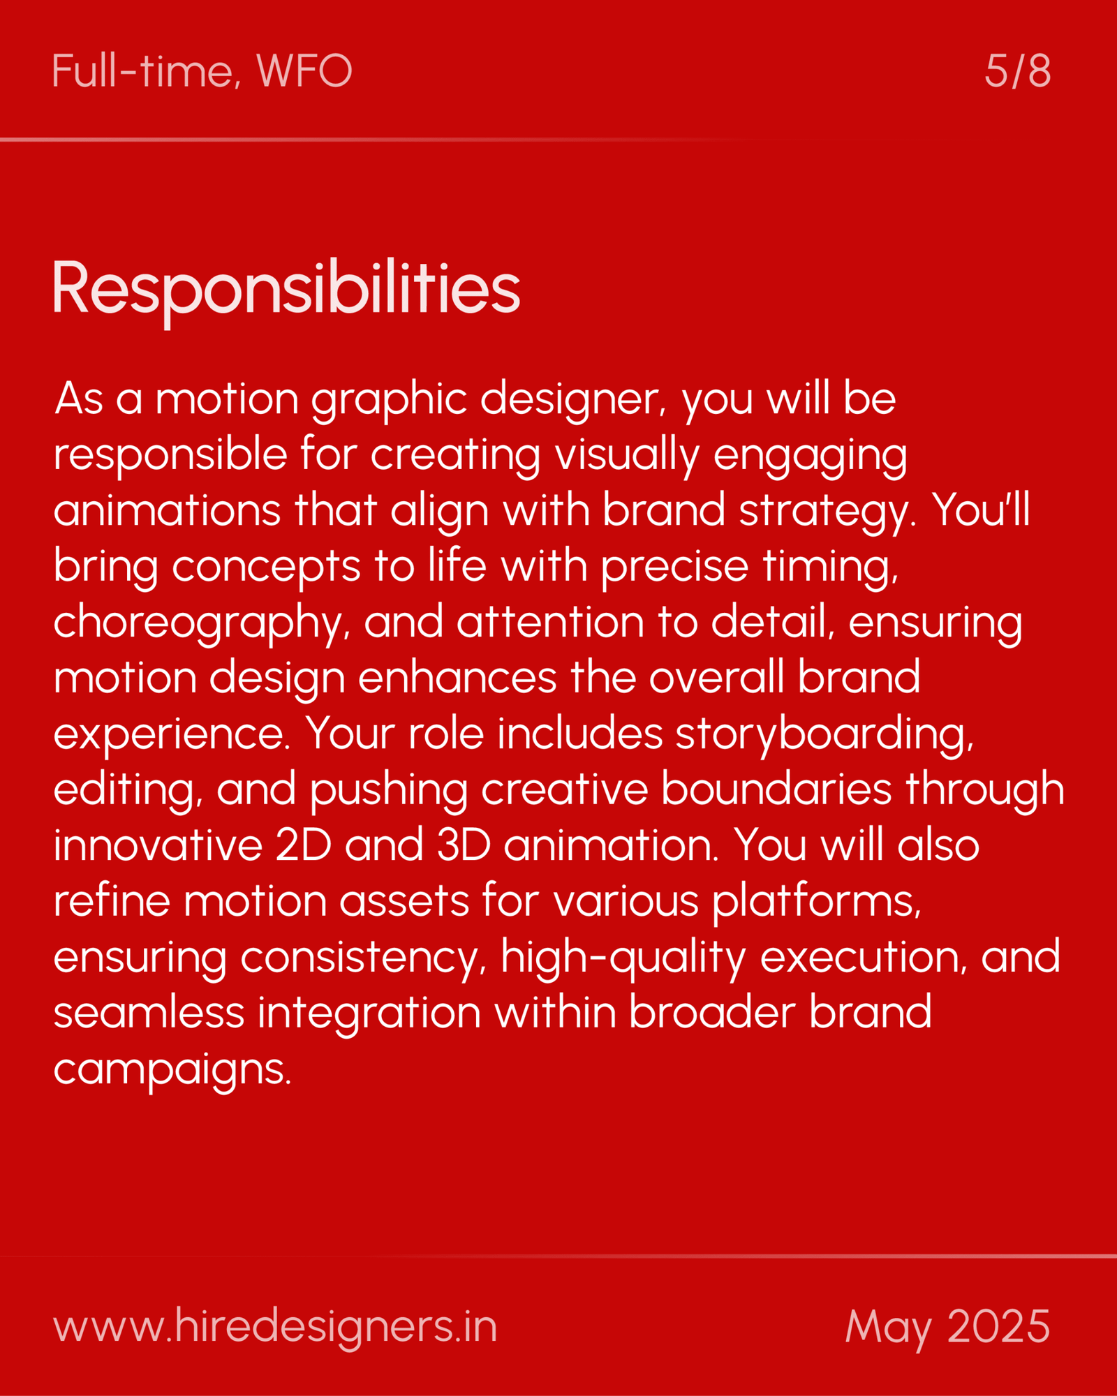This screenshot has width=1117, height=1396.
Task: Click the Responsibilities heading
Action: pos(286,290)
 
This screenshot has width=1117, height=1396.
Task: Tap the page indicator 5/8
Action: pos(1017,70)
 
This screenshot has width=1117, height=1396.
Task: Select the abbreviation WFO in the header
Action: pos(304,70)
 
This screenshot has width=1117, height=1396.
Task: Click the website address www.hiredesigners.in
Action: pos(275,1326)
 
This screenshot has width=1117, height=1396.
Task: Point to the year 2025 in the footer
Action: pos(998,1326)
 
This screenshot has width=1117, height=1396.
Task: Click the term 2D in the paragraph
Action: pos(303,845)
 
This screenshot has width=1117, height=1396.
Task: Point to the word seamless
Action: pos(149,1012)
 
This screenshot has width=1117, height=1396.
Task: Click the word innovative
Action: pos(158,845)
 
